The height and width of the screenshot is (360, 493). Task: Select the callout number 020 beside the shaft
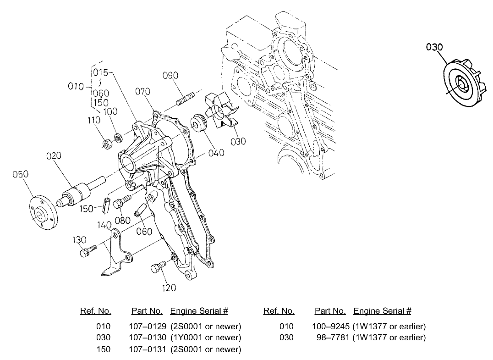(54, 156)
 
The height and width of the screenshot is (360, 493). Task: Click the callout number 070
(142, 92)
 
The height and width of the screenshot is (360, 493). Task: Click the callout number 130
(79, 240)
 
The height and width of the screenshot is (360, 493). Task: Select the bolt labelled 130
(88, 251)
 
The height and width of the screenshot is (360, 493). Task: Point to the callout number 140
(104, 225)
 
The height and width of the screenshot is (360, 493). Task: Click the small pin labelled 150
(106, 204)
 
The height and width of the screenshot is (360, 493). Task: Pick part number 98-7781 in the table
(332, 338)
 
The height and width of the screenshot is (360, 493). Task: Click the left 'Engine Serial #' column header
(199, 311)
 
